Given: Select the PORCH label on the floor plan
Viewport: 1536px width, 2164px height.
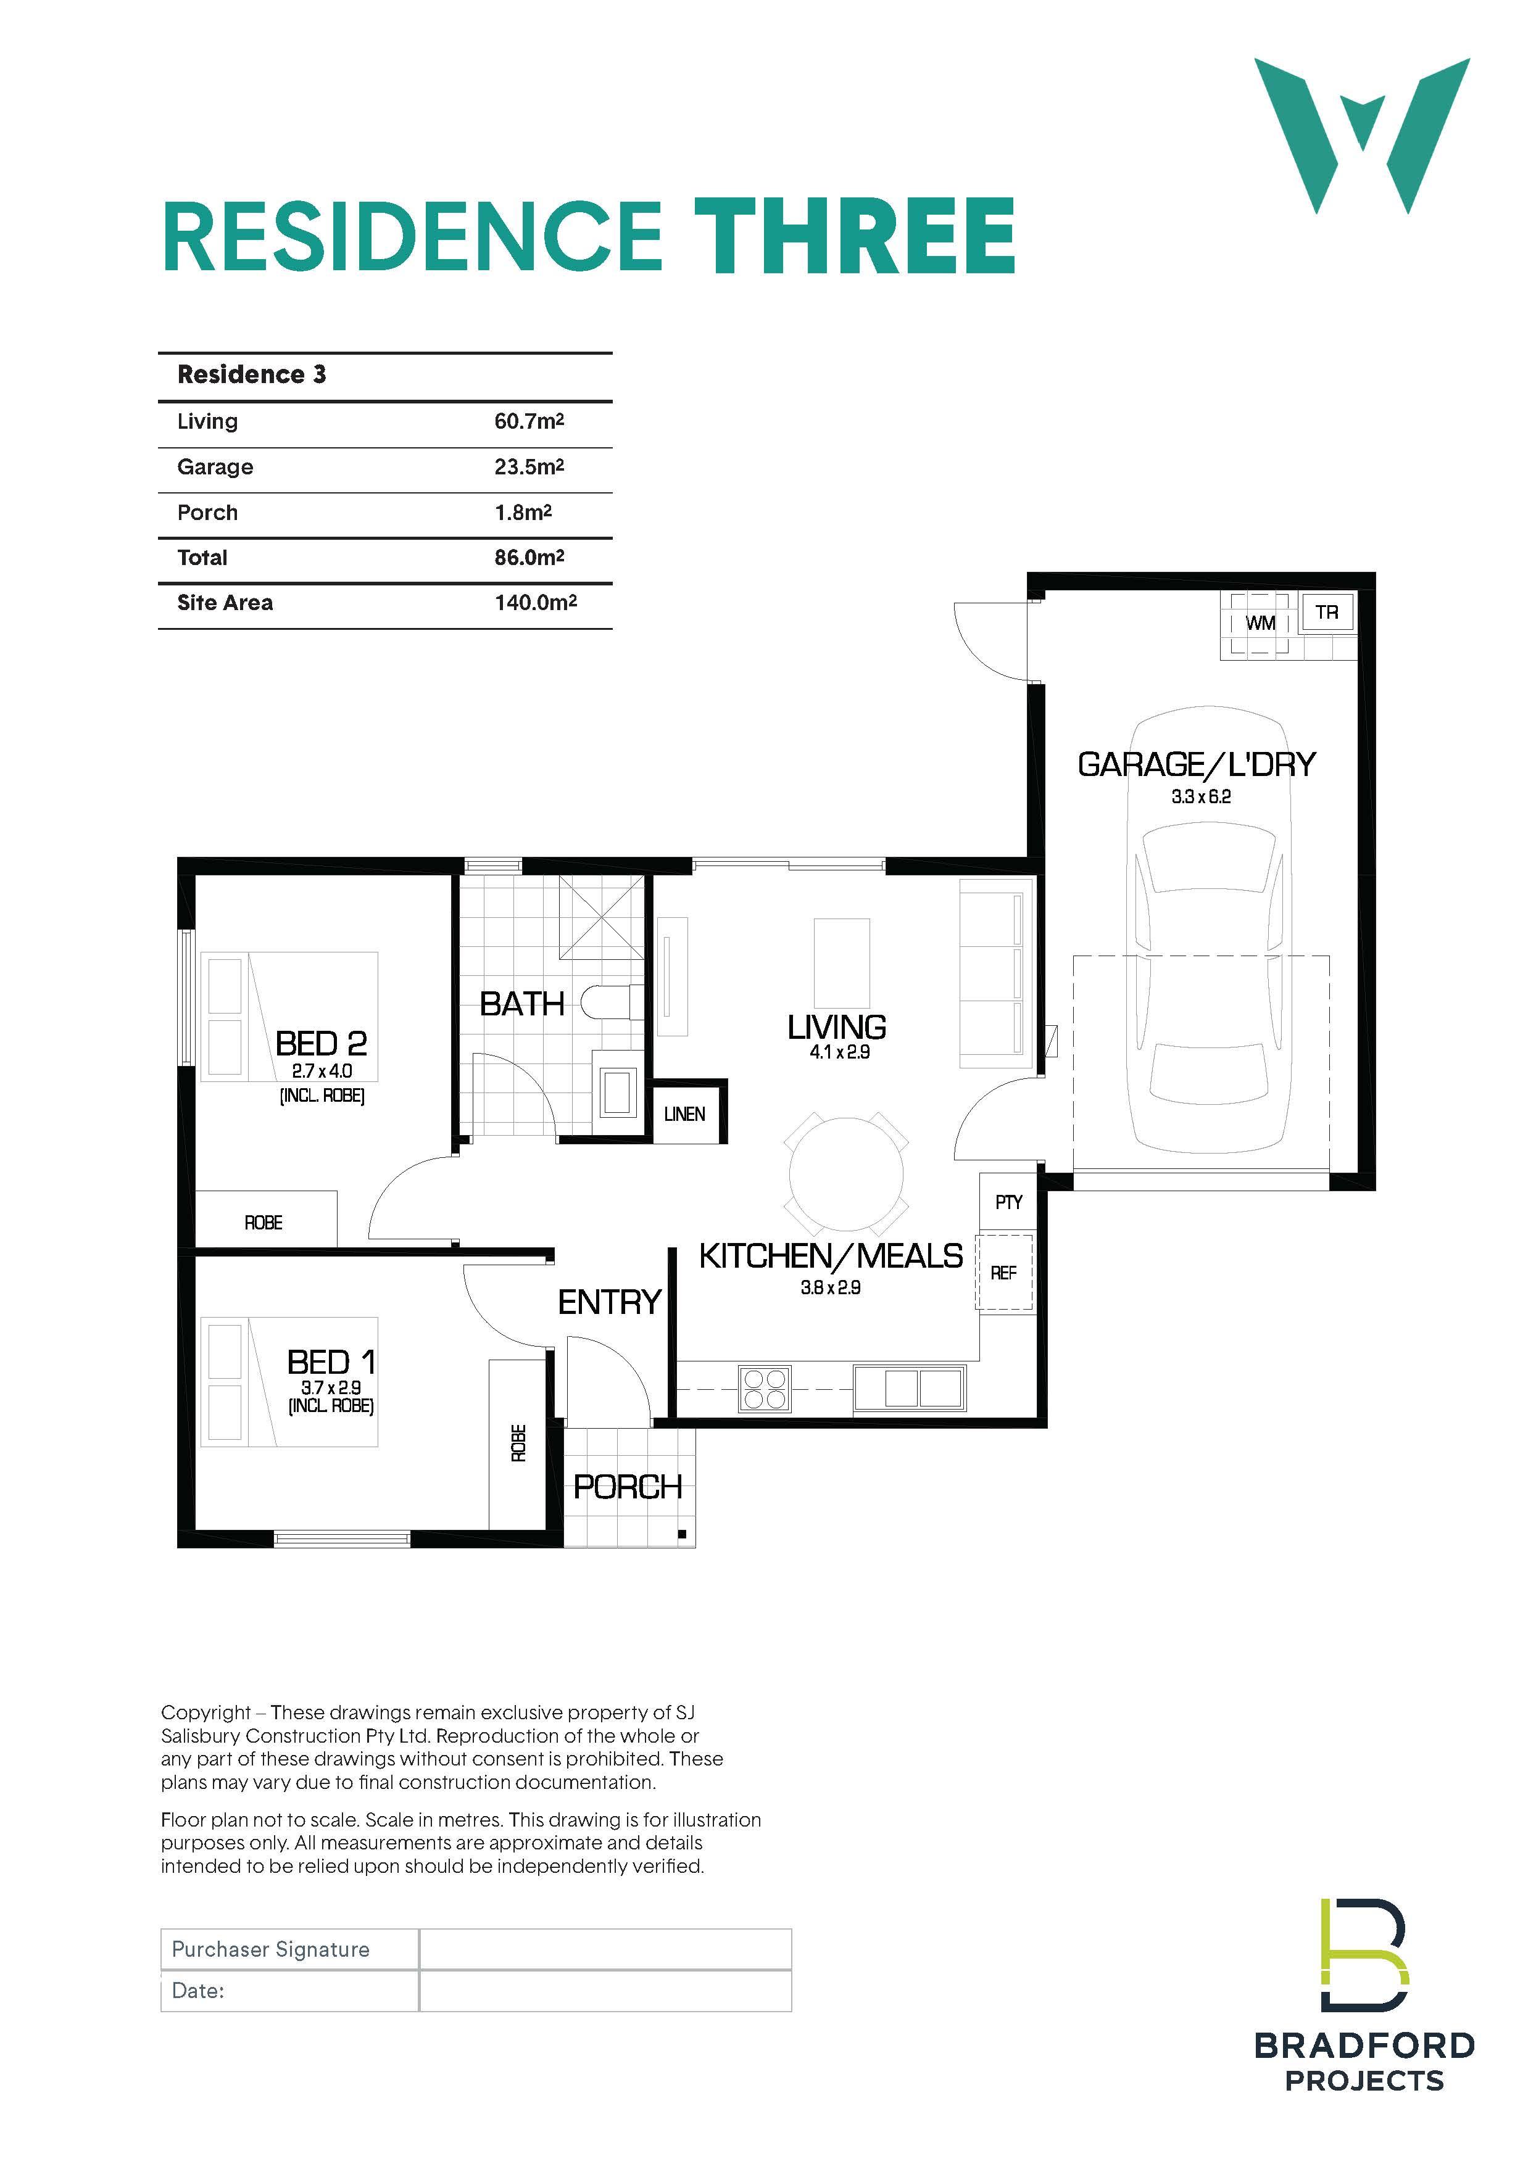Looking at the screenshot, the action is coord(628,1487).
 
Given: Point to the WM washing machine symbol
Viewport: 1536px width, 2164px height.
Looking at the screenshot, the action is coord(1259,623).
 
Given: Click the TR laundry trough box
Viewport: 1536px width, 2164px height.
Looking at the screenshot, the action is coord(1327,612).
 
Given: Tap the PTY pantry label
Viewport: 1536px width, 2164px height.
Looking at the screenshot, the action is coord(1009,1202).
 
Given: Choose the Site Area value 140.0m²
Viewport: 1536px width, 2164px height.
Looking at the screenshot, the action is coord(535,602).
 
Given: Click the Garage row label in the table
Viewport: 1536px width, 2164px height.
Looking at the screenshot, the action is coord(215,467).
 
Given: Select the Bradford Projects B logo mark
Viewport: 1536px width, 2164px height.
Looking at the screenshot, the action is coord(1365,1954).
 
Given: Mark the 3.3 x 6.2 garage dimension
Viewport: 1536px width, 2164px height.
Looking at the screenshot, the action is coord(1201,797).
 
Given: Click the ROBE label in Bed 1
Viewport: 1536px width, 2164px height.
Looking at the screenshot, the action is coord(518,1443).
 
